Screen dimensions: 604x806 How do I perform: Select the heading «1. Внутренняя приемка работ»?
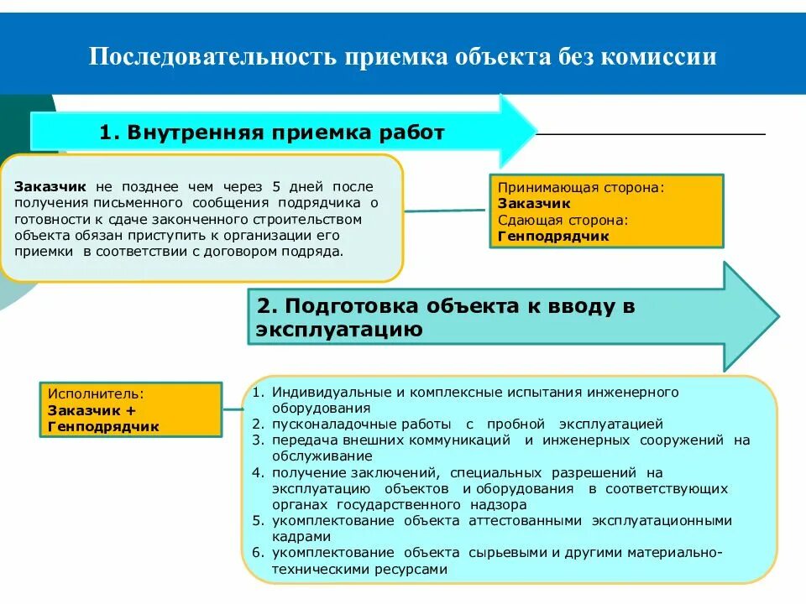(x=271, y=133)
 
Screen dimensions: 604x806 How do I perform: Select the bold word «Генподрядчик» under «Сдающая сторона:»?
(x=552, y=237)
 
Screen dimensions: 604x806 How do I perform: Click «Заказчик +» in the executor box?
(x=92, y=410)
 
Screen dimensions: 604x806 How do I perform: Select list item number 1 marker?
(x=259, y=392)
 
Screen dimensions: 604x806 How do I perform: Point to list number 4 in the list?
(x=259, y=472)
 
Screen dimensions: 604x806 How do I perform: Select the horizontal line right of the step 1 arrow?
(x=651, y=134)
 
